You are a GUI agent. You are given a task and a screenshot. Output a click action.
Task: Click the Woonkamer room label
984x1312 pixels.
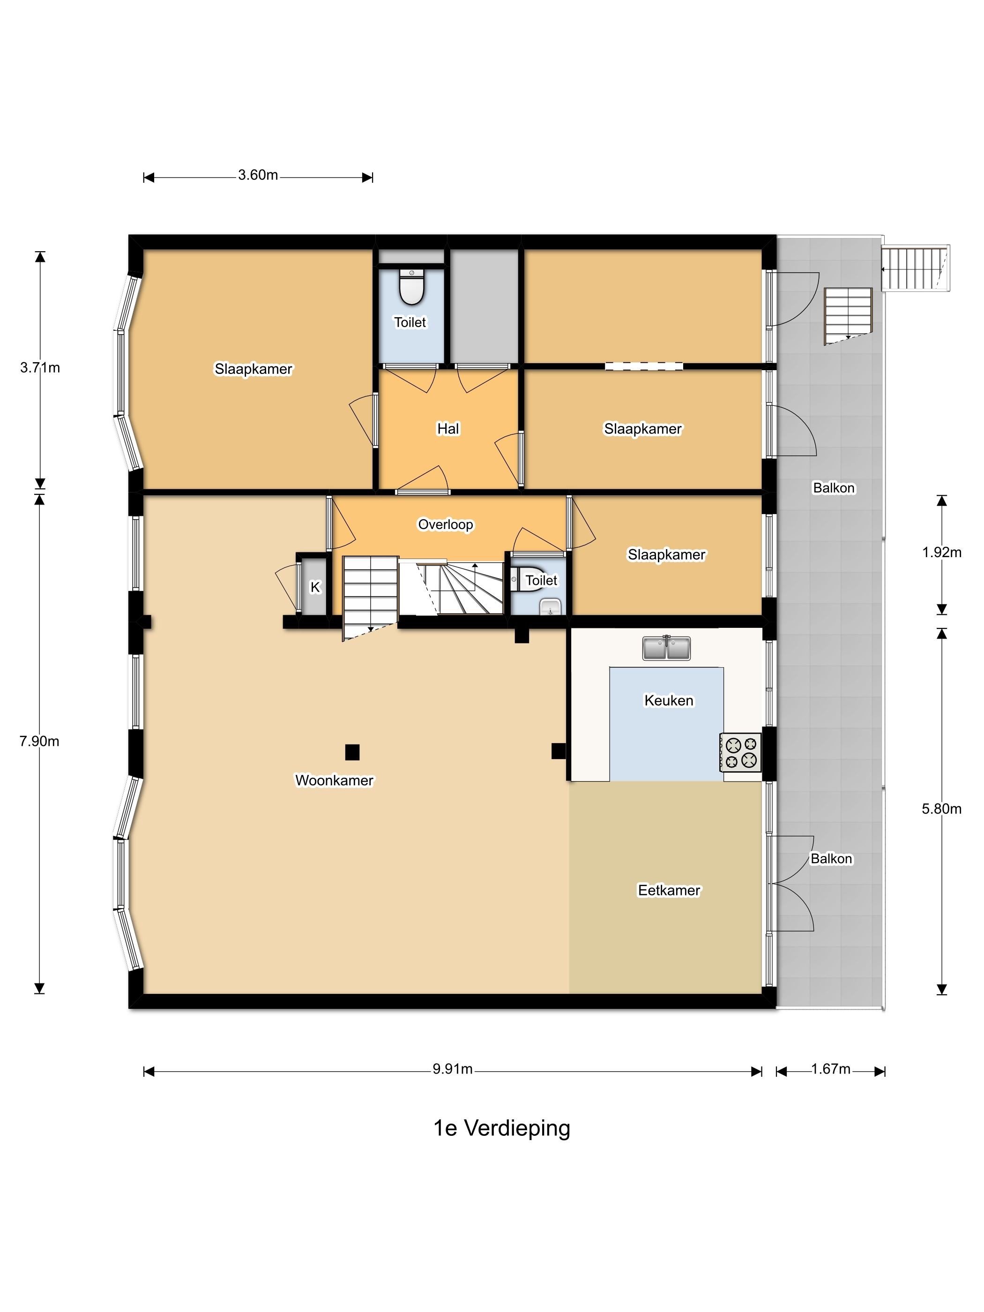pyautogui.click(x=334, y=780)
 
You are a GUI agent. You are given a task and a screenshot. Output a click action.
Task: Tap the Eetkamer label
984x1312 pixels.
pyautogui.click(x=669, y=890)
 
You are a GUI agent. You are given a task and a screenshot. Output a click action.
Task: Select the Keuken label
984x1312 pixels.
pyautogui.click(x=669, y=700)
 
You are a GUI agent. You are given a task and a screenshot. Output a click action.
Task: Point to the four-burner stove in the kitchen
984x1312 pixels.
pyautogui.click(x=740, y=752)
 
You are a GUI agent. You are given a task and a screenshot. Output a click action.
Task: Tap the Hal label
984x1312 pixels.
pyautogui.click(x=448, y=428)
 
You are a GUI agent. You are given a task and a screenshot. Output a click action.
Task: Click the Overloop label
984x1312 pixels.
pyautogui.click(x=446, y=524)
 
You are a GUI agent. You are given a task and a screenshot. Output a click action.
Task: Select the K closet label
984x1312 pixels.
pyautogui.click(x=315, y=587)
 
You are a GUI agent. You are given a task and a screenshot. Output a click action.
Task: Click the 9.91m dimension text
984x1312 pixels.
pyautogui.click(x=453, y=1069)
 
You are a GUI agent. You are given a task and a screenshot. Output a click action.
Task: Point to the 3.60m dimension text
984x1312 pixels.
pyautogui.click(x=258, y=175)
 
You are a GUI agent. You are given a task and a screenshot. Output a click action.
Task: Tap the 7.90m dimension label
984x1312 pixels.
pyautogui.click(x=39, y=741)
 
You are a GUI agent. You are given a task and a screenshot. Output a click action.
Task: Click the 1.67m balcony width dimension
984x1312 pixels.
pyautogui.click(x=830, y=1069)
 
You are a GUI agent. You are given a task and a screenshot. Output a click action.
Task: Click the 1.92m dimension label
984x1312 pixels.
pyautogui.click(x=941, y=552)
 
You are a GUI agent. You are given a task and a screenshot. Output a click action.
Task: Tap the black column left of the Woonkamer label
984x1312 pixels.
pyautogui.click(x=352, y=752)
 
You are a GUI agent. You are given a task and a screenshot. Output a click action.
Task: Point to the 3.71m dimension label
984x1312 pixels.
pyautogui.click(x=40, y=367)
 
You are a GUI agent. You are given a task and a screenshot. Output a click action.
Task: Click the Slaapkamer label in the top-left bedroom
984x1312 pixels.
pyautogui.click(x=253, y=369)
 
